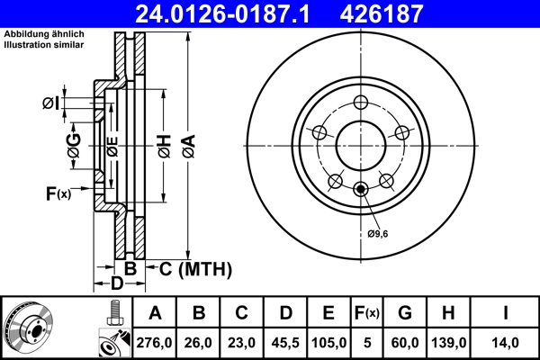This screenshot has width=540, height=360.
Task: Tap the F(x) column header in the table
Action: (x=368, y=313)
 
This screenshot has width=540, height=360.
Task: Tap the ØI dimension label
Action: (x=52, y=103)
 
